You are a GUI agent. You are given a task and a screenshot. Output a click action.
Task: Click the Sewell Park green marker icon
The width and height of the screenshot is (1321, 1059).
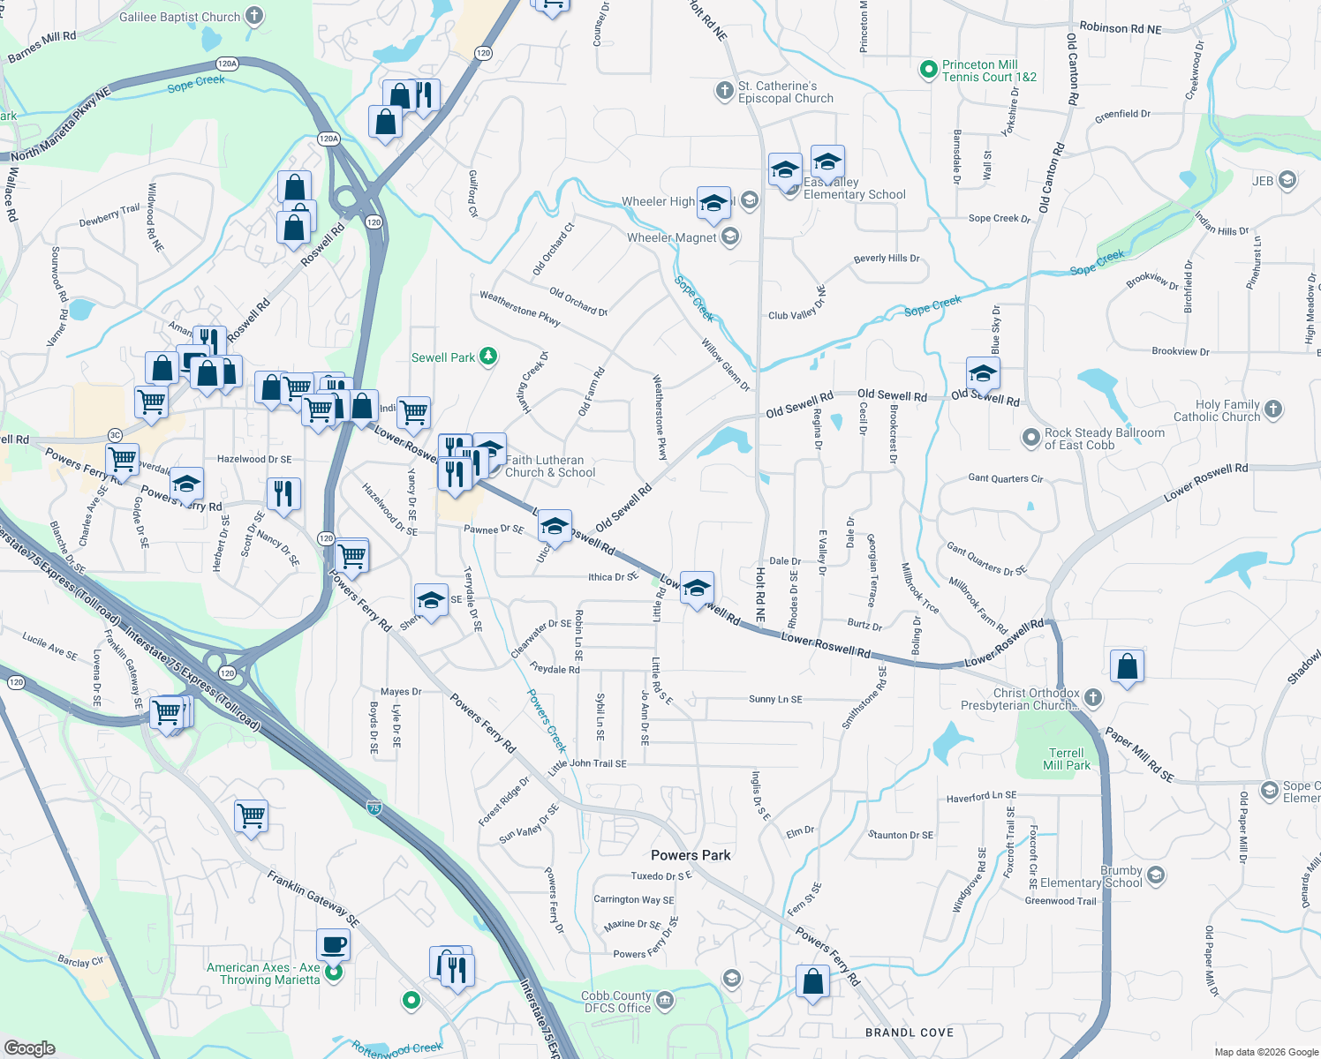coord(488,357)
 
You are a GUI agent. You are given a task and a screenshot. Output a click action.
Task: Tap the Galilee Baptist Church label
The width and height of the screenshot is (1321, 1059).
coord(179,17)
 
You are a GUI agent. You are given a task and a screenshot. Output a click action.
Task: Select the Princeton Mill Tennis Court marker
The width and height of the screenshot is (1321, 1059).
coord(928,69)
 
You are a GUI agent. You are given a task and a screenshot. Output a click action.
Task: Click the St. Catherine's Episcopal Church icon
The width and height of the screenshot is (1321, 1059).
coord(724,90)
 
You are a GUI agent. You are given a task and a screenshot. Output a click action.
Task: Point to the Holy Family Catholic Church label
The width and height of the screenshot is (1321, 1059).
coord(1216,410)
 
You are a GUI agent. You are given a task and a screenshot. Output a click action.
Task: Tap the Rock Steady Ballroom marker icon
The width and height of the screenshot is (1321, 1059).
coord(1030,438)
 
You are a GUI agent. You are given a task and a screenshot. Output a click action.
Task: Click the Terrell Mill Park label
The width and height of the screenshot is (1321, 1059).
coord(1066,759)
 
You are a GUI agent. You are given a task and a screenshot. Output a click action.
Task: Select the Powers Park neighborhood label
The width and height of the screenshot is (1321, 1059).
coord(691,855)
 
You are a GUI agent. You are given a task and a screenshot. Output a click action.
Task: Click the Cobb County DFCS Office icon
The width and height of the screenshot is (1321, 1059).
coord(665,1001)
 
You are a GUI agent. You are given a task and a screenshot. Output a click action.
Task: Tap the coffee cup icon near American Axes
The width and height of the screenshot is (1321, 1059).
coord(333,945)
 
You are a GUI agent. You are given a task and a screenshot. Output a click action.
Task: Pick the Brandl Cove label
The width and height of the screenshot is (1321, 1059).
coord(910,1033)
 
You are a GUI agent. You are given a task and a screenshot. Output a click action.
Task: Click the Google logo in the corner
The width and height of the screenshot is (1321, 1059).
coord(29,1048)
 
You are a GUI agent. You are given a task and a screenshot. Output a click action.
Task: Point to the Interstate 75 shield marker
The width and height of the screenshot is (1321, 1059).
coord(374,807)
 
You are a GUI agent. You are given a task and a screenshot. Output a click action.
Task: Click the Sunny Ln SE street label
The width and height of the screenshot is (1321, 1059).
coord(775,699)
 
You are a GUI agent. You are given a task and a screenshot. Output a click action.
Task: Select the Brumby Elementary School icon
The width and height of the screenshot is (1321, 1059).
coord(1156,875)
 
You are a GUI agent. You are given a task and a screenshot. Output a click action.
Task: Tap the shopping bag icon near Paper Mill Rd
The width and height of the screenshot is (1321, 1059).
coord(1127,667)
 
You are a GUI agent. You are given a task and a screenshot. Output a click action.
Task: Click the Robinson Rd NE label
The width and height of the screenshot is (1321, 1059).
coord(1121,28)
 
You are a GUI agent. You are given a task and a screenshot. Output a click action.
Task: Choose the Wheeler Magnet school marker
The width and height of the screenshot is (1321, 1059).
coord(729,237)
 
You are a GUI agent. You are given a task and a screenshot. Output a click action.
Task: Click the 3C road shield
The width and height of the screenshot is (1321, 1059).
coord(115,435)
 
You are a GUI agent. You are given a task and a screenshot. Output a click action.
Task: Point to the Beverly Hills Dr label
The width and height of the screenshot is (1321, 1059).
coord(887,259)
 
